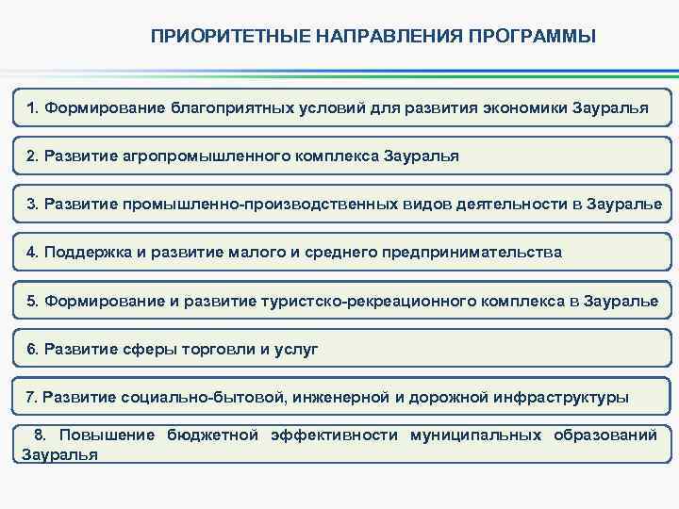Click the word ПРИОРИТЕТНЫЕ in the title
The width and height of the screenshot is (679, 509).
207,37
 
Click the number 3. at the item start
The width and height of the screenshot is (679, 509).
35,204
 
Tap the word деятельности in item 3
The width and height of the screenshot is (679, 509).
498,204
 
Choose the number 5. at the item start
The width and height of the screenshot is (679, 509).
35,301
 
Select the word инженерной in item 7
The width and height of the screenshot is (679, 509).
344,398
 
